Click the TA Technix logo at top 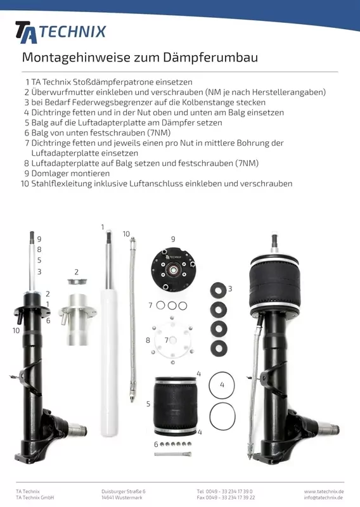(x=60, y=32)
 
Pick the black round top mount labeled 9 (x=173, y=271)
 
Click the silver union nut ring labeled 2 (x=76, y=282)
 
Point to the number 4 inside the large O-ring (x=222, y=385)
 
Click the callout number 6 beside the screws (x=156, y=444)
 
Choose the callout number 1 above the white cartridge (x=103, y=226)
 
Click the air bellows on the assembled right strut (x=283, y=281)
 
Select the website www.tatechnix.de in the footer (x=324, y=491)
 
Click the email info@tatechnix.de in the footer (x=324, y=497)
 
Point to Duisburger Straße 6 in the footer (x=123, y=491)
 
